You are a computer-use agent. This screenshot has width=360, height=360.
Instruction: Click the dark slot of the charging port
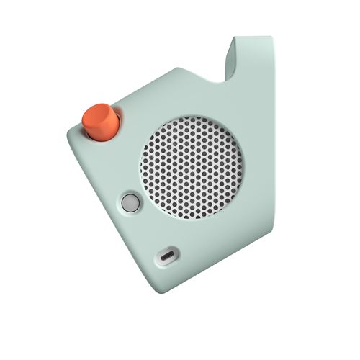click(168, 256)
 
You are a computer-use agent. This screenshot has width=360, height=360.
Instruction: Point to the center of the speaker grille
click(192, 167)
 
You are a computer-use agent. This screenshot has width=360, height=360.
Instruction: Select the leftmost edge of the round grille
click(140, 167)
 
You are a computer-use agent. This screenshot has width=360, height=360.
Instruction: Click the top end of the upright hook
click(252, 38)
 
